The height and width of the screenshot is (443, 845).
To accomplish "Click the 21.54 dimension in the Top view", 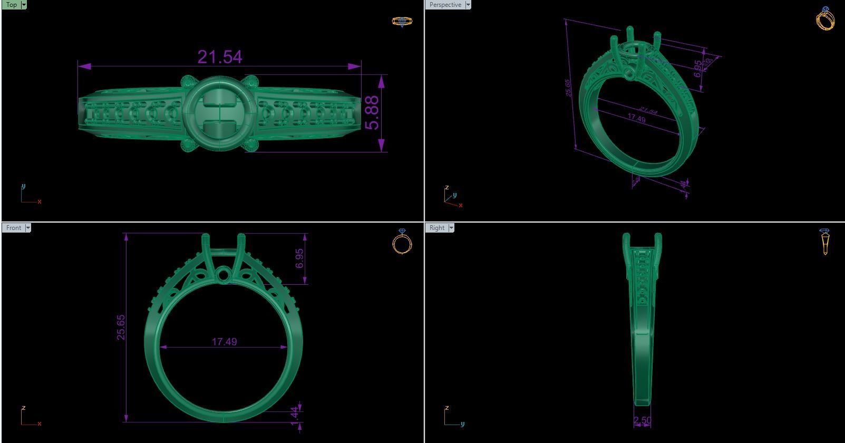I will tap(220, 56).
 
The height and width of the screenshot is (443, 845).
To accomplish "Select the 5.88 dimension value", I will tap(372, 112).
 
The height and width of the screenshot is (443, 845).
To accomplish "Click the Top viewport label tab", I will tap(11, 5).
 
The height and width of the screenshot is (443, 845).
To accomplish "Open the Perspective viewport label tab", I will tap(445, 5).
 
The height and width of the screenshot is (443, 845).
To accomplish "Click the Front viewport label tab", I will tap(14, 228).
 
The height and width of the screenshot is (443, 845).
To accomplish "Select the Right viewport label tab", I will tap(437, 228).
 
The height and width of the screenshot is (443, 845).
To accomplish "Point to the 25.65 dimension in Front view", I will tap(121, 327).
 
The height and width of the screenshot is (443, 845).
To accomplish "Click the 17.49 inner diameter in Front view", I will tap(224, 342).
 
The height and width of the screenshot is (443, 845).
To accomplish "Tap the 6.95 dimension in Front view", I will tap(299, 258).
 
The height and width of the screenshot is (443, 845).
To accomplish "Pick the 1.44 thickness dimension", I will tap(294, 414).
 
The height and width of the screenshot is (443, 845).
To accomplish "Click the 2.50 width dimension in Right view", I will tap(642, 420).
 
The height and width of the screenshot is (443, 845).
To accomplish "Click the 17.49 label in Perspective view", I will tap(637, 119).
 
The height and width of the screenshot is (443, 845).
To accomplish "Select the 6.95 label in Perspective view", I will tap(698, 69).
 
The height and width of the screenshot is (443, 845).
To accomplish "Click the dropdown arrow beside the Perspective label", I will tap(468, 5).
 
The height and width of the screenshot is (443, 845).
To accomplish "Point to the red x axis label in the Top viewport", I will tap(40, 201).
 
